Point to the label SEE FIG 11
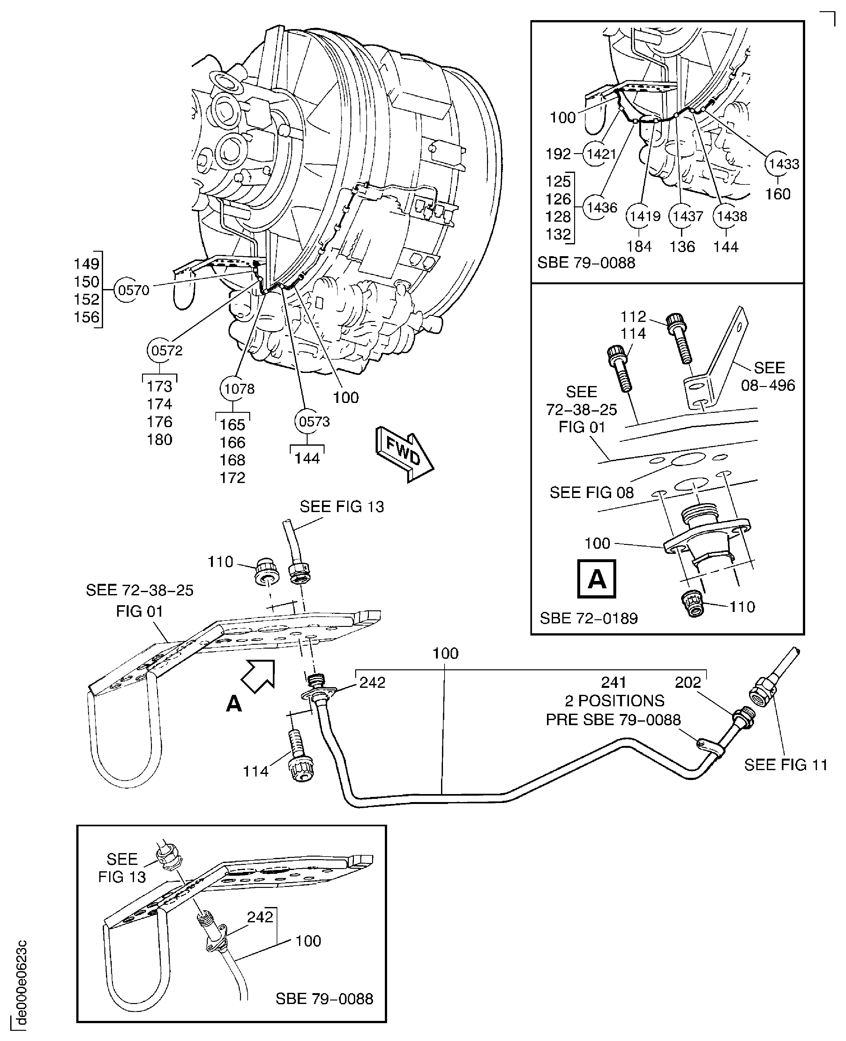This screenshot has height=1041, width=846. coord(786,765)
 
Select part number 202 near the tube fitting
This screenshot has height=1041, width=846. coord(688,682)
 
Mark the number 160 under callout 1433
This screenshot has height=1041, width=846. coord(777,194)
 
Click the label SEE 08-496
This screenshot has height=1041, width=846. coord(768,376)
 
